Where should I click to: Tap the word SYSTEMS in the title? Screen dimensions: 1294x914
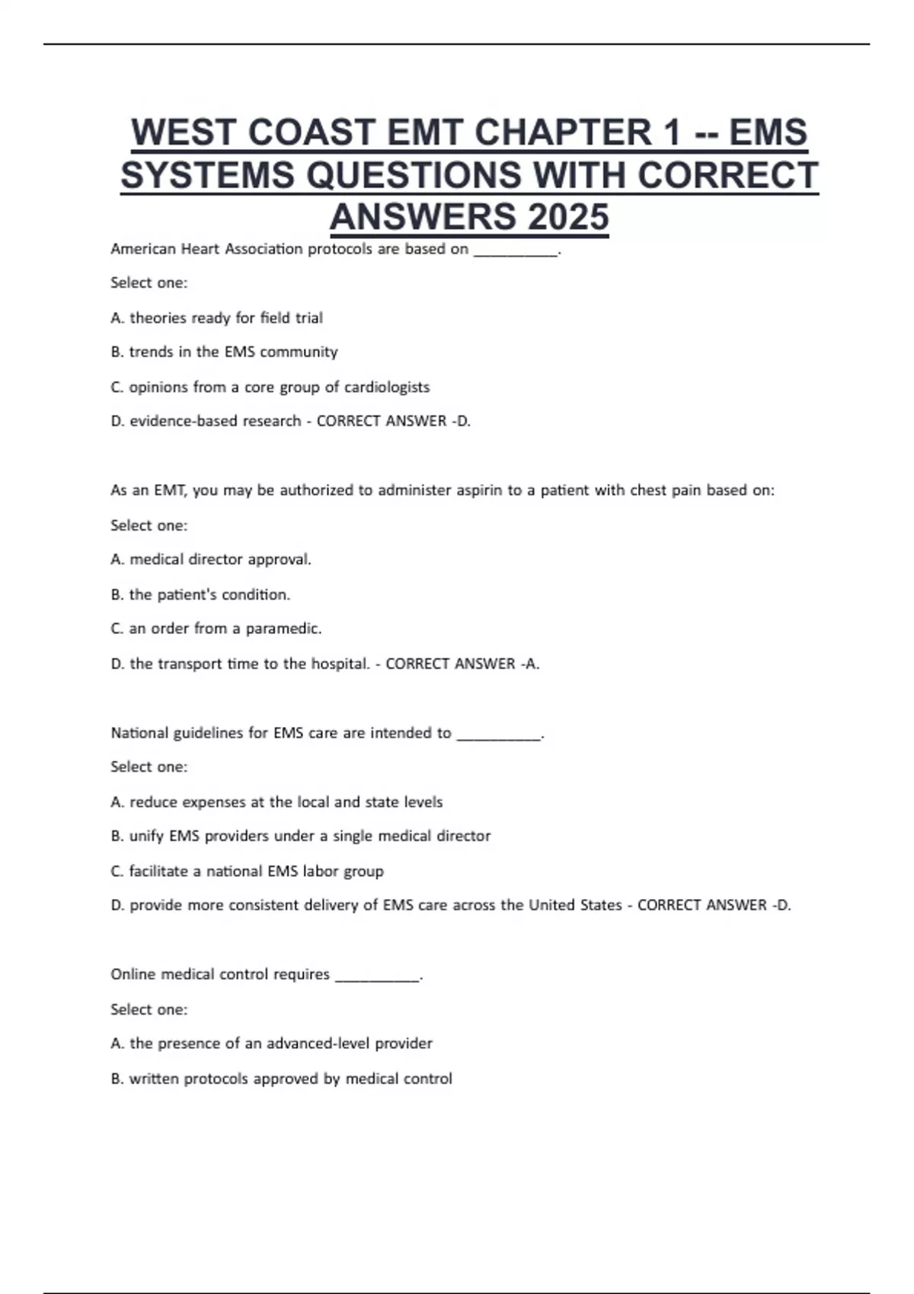(207, 175)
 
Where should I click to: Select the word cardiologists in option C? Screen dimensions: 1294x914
(387, 387)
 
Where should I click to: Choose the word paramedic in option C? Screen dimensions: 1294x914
(283, 629)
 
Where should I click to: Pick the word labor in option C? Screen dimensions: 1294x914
(320, 871)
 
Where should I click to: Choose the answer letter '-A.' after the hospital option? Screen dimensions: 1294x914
(530, 664)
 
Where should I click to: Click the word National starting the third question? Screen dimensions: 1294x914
(139, 733)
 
